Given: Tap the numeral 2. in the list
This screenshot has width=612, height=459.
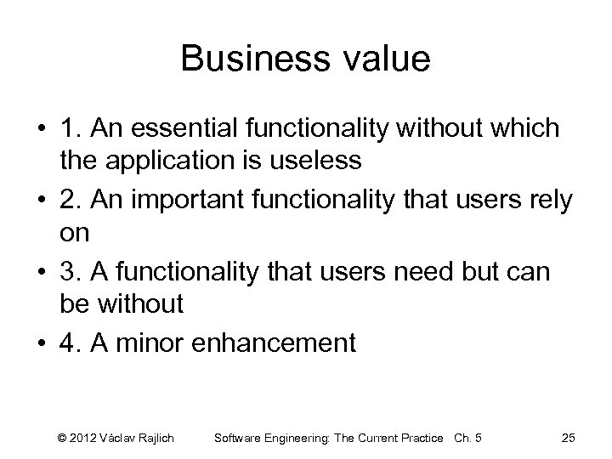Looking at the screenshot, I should (x=71, y=201).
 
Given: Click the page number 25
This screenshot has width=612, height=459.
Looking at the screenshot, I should (x=569, y=438).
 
